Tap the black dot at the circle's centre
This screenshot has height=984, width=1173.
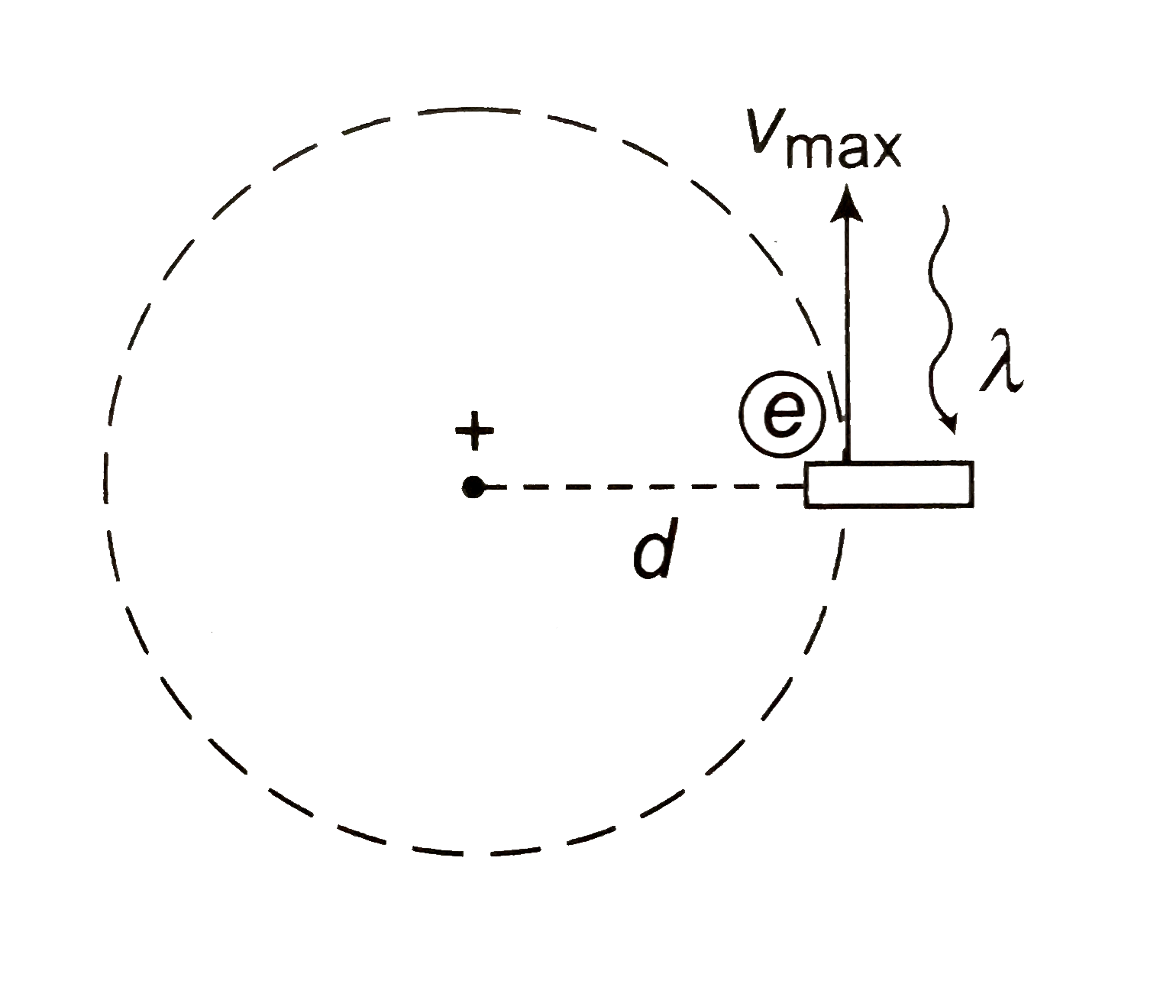473,486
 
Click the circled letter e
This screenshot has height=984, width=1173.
783,413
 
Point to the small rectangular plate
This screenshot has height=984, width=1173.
889,484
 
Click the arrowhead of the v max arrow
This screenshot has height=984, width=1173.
846,203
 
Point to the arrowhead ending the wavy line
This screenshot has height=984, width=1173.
950,425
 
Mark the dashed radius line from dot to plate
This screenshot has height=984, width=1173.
641,486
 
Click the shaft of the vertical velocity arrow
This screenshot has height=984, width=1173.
846,329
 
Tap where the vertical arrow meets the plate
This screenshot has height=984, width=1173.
846,461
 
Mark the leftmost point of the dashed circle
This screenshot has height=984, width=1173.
105,486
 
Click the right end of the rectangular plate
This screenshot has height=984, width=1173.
971,484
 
